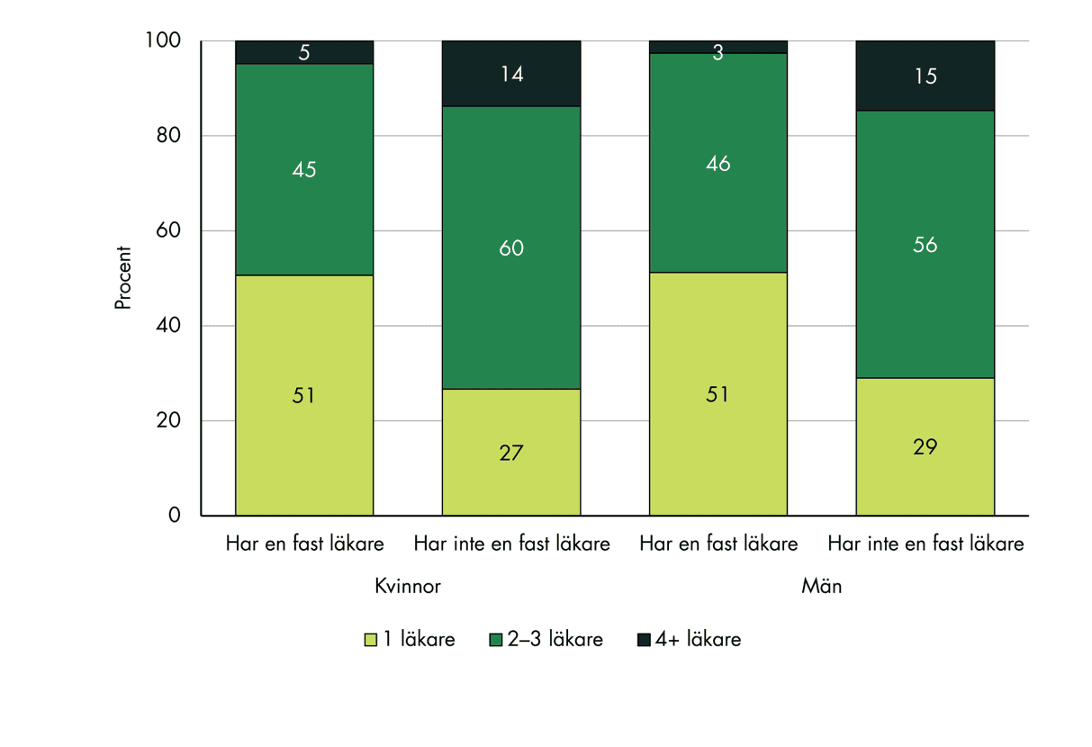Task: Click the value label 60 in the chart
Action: tap(510, 247)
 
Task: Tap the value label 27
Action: tap(510, 453)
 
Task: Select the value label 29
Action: tap(925, 447)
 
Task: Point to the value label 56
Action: tap(925, 245)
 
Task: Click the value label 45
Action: tap(304, 169)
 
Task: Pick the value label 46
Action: tap(717, 164)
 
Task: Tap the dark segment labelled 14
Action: tap(510, 74)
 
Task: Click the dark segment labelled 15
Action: tap(925, 76)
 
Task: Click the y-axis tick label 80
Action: tap(169, 136)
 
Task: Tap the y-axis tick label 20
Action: tap(169, 421)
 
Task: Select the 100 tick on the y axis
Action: tap(164, 41)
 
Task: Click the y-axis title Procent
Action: tap(123, 278)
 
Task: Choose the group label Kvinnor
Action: tap(408, 587)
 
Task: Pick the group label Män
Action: tap(821, 587)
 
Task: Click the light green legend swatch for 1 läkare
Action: tap(369, 641)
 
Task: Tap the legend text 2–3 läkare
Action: tap(555, 641)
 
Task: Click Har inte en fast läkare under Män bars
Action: tap(925, 544)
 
